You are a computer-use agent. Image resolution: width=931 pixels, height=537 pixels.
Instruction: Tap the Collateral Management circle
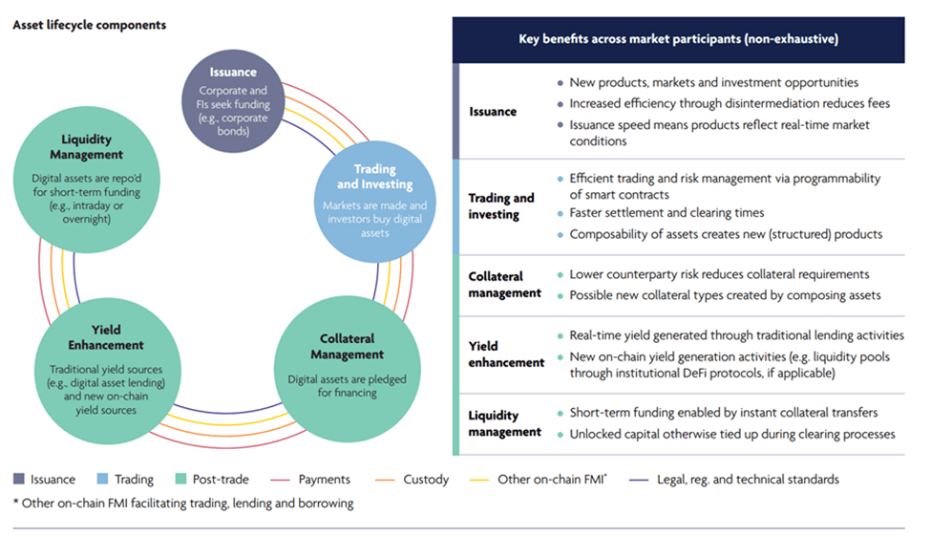347,360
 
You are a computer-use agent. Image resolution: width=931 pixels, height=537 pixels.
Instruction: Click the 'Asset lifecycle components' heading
89,25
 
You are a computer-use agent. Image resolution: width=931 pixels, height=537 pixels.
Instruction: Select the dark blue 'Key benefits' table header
678,40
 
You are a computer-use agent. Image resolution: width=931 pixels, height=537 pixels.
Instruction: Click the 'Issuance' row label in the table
493,112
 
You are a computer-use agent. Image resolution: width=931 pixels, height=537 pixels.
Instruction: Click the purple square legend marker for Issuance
20,480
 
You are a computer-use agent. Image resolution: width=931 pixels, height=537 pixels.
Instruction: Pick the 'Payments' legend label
324,480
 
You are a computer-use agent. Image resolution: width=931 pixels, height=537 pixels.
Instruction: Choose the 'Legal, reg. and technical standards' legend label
747,480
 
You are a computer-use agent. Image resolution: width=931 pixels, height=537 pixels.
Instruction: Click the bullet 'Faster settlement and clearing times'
667,213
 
